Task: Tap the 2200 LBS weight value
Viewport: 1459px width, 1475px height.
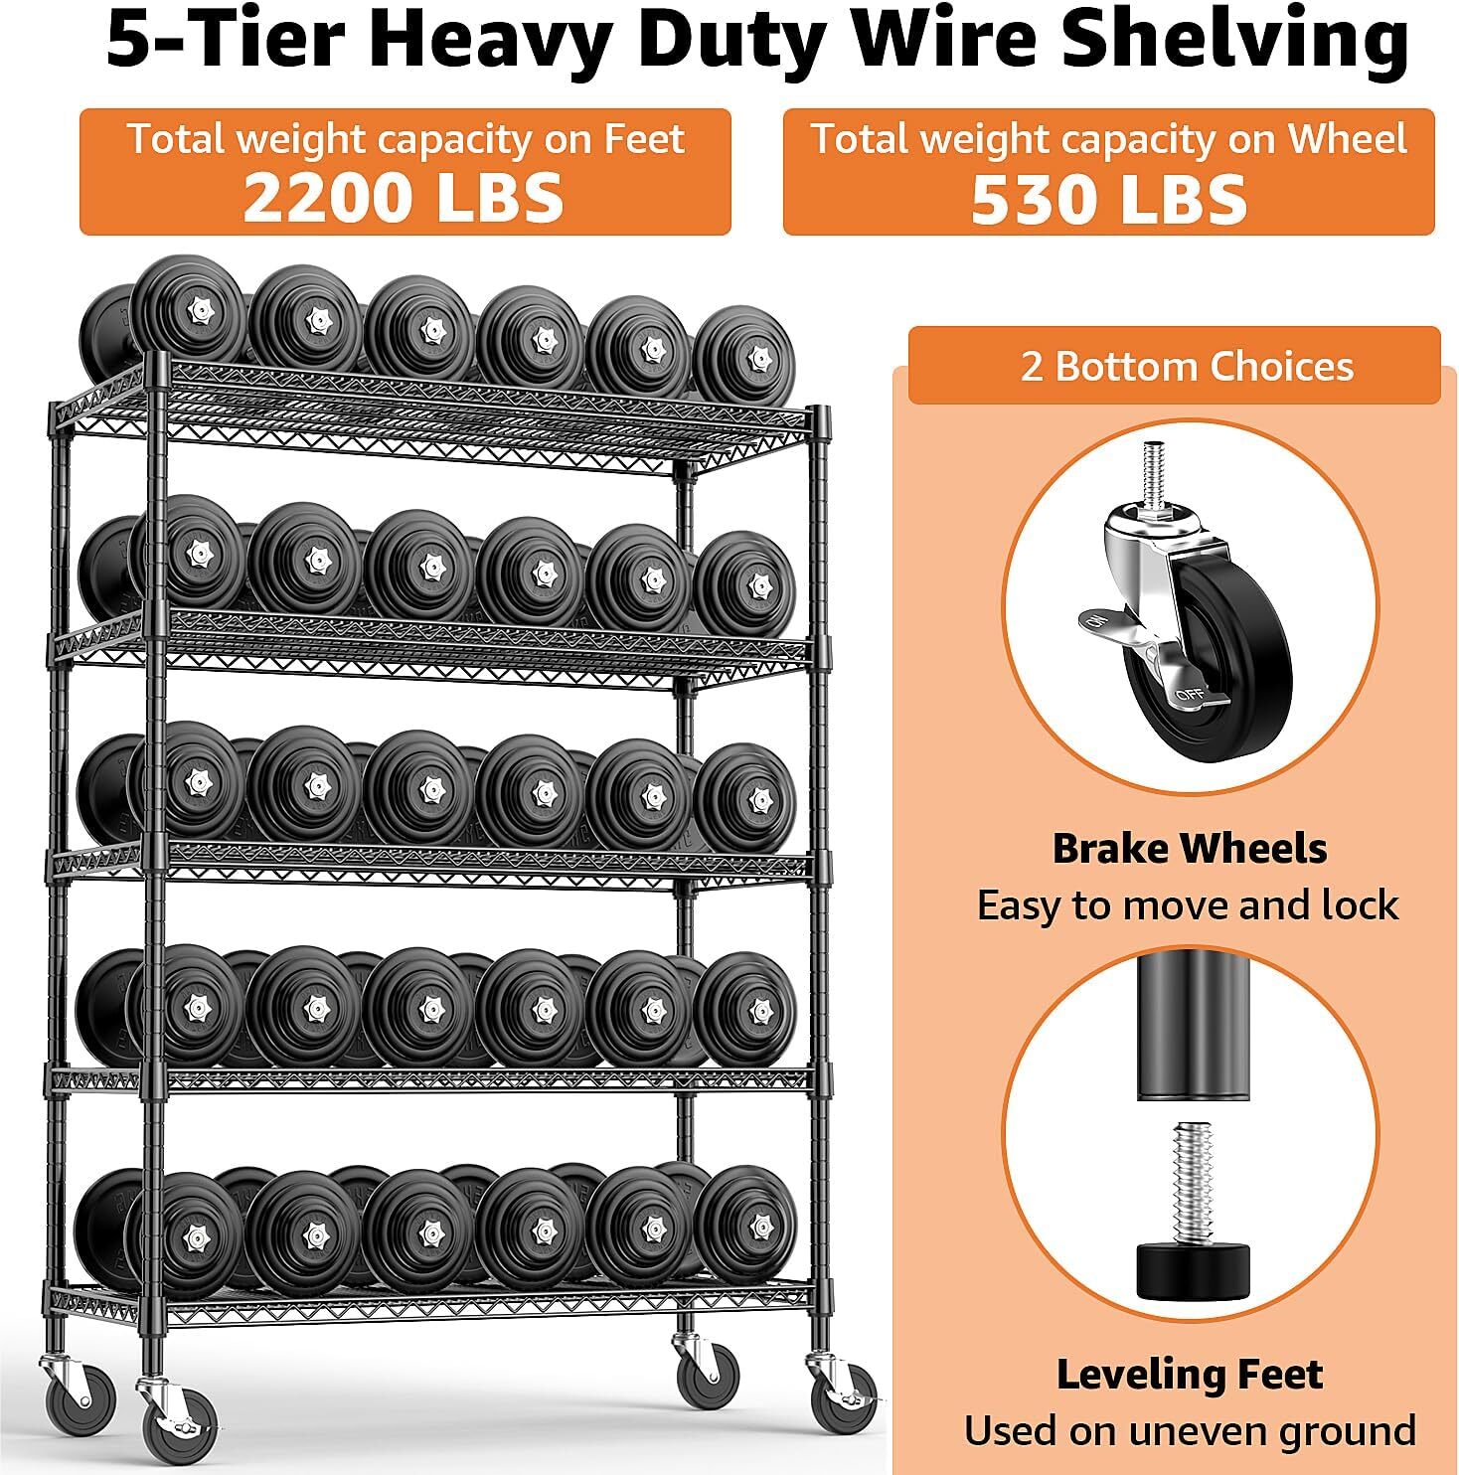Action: click(404, 197)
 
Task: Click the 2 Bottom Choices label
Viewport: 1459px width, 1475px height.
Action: click(1187, 367)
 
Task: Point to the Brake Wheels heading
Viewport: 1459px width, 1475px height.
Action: click(1189, 849)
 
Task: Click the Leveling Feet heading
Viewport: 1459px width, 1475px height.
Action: click(1189, 1375)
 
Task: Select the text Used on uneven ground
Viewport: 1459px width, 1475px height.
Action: click(1189, 1431)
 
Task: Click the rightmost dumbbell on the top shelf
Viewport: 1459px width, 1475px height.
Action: click(745, 357)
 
